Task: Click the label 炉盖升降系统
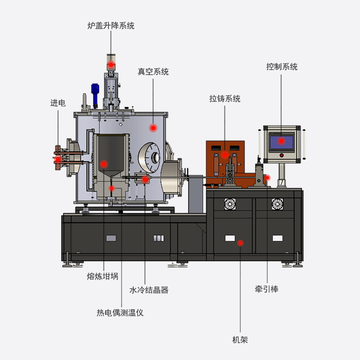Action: tap(111, 26)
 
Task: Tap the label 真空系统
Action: tap(153, 72)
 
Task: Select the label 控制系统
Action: tap(282, 67)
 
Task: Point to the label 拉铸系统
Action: tap(225, 99)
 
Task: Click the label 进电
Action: tap(58, 103)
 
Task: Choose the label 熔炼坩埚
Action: tap(103, 276)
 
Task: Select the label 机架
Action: tap(240, 340)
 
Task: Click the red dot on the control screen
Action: tap(281, 141)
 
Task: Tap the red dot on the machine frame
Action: tap(240, 243)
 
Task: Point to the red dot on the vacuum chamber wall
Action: tap(153, 128)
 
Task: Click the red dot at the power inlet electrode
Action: tap(58, 159)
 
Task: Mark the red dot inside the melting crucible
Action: tap(104, 164)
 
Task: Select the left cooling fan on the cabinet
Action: tap(230, 204)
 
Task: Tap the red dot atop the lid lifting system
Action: tap(111, 64)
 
